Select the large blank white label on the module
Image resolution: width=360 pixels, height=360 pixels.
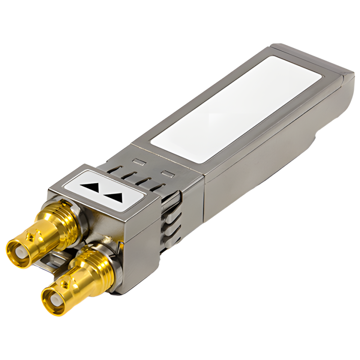point(236,109)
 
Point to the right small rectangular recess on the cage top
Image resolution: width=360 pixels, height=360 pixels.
point(166,174)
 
